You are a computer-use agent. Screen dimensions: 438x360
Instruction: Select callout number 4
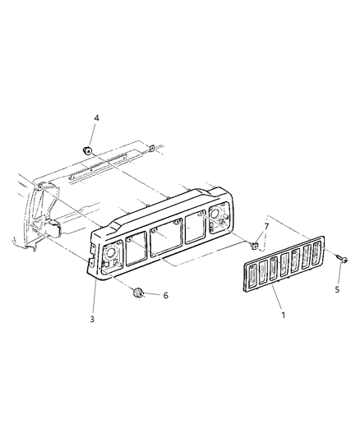(96, 118)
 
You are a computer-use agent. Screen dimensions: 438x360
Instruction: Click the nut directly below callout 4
(87, 150)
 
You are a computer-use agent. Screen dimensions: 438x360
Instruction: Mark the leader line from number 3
(92, 292)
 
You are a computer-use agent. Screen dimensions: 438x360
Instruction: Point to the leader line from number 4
(92, 135)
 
